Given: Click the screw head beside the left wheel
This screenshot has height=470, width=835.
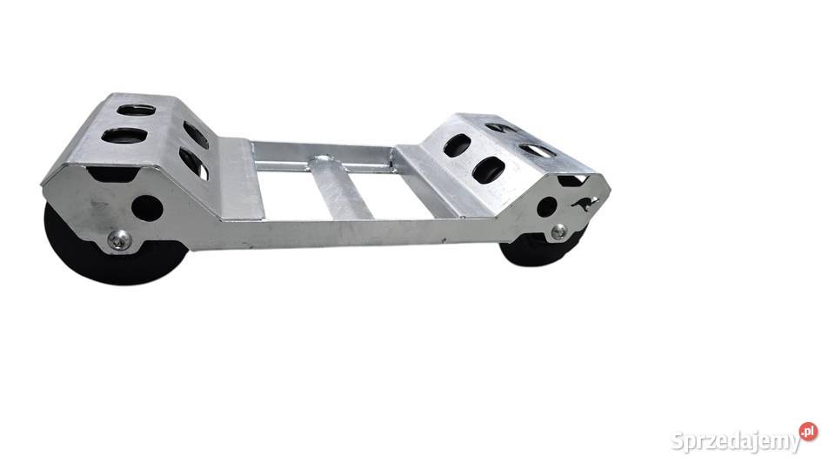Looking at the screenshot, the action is click(119, 240).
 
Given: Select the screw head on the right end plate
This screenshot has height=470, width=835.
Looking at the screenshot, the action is click(559, 232).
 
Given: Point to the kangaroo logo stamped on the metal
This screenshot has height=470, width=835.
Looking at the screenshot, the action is click(584, 204).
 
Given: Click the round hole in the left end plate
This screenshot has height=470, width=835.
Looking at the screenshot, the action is click(147, 208).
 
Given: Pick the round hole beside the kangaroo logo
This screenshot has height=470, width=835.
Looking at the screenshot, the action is click(547, 207).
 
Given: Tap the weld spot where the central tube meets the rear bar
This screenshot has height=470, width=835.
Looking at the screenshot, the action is click(324, 160).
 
